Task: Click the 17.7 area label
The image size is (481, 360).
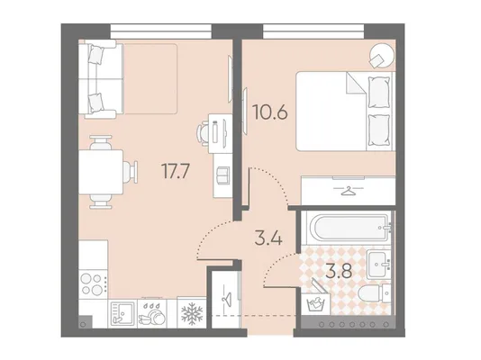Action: pos(176,171)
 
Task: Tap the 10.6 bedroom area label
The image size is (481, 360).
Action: pos(270,112)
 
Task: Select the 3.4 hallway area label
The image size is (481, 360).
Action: pos(268,238)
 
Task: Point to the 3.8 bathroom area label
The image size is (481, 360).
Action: pos(339,271)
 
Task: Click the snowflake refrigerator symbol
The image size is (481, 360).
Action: pos(193,313)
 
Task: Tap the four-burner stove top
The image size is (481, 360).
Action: pos(92,284)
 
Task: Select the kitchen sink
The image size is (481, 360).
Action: pos(123,313)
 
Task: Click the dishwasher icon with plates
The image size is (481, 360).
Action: pos(152,313)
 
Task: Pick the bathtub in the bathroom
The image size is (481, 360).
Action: pos(349,228)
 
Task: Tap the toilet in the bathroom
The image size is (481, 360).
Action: pos(374,294)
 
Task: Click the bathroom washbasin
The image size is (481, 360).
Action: pos(378,264)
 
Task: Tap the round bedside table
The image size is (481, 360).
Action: pos(381,56)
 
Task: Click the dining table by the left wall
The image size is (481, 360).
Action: pos(101,172)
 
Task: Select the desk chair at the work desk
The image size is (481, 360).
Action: pos(203,133)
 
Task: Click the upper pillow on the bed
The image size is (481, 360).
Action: pos(378,92)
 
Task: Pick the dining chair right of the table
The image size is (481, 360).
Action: pos(131,172)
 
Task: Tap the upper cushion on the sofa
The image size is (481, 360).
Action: pos(95,55)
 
